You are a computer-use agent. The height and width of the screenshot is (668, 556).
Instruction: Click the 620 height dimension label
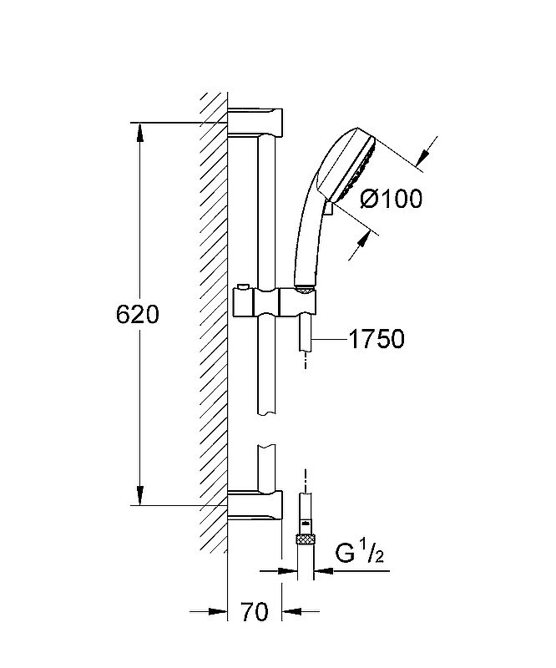click(x=137, y=315)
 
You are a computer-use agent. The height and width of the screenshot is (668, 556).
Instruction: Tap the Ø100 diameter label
click(x=391, y=199)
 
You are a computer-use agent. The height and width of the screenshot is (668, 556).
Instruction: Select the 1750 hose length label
click(x=377, y=339)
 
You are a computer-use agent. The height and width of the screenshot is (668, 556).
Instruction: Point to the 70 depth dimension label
click(x=255, y=612)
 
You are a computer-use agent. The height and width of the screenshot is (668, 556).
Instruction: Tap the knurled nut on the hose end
click(x=305, y=539)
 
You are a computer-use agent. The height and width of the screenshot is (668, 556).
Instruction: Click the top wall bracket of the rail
click(x=255, y=122)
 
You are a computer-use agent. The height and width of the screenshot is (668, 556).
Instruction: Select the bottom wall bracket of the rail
click(x=255, y=505)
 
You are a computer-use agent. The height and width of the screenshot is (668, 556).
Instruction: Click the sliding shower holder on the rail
click(x=275, y=302)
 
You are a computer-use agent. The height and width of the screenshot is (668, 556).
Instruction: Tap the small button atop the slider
click(x=244, y=286)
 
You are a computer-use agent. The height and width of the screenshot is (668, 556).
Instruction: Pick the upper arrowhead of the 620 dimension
click(x=139, y=134)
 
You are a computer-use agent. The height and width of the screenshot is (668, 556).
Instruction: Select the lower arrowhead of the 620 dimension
click(x=139, y=495)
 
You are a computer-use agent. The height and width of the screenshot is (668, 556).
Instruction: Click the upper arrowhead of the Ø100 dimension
click(x=423, y=156)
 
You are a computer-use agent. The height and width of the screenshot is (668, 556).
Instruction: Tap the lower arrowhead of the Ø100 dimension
click(x=362, y=244)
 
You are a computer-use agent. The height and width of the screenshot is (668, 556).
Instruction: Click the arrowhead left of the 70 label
click(x=217, y=612)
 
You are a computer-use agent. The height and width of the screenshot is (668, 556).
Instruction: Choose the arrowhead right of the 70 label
click(x=292, y=612)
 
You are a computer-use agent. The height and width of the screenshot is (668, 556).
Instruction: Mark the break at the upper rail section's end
click(x=266, y=413)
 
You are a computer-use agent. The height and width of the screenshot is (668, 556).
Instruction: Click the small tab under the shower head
click(x=327, y=210)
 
